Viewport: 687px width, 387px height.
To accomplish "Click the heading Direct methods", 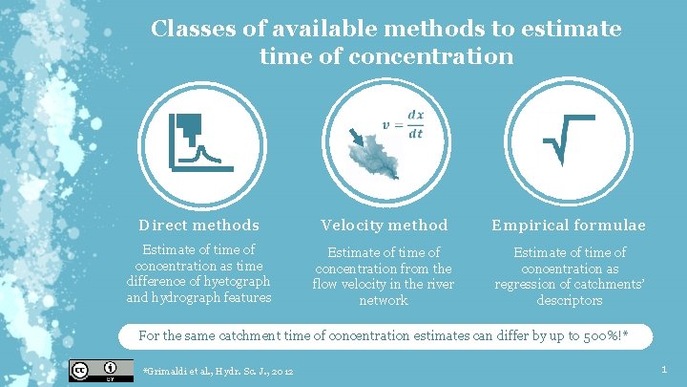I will tap(198, 226).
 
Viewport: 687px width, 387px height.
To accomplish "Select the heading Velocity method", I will tap(385, 226).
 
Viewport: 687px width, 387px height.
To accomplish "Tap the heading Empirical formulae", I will tap(569, 226).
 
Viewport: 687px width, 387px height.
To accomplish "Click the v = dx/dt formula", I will tap(403, 124).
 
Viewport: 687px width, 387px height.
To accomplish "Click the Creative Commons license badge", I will tap(87, 370).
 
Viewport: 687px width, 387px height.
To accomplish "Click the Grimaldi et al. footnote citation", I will tap(218, 371).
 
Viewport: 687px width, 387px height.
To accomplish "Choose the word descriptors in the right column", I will tap(569, 300).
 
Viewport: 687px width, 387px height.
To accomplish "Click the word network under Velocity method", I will tap(384, 300).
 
